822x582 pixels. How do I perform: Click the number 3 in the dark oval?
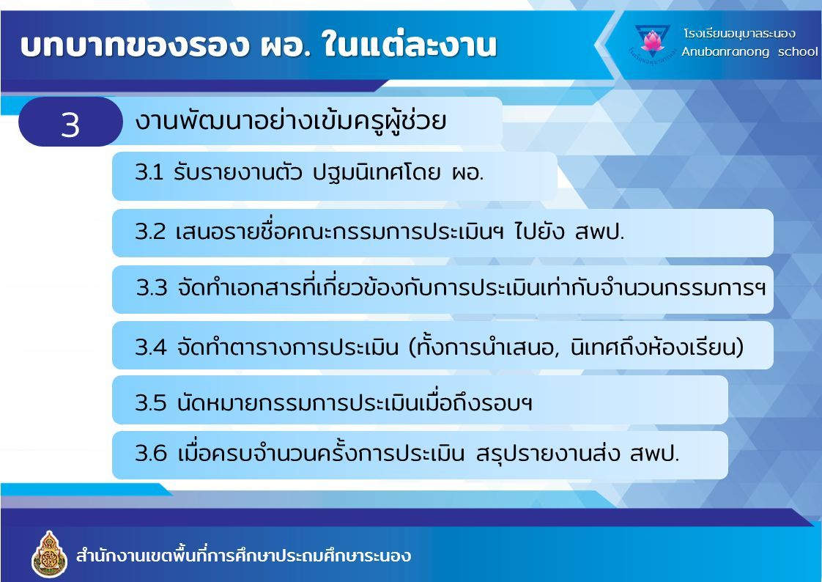[x=70, y=125]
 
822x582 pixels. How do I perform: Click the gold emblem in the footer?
[x=49, y=554]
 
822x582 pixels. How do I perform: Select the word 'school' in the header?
[x=797, y=51]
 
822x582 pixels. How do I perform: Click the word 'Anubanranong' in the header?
[x=725, y=52]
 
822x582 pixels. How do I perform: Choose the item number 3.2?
[x=150, y=231]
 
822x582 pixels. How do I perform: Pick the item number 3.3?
[x=152, y=288]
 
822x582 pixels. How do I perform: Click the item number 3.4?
[x=150, y=347]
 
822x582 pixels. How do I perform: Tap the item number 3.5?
[x=150, y=402]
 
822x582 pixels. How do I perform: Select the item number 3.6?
[x=150, y=453]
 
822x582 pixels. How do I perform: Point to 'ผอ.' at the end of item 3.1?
[x=467, y=172]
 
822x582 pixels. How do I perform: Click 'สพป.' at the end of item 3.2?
[x=600, y=231]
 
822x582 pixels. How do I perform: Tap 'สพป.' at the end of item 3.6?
[x=654, y=453]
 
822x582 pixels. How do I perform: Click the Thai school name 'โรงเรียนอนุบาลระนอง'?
[x=739, y=34]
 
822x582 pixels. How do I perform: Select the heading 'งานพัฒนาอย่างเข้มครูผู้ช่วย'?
[x=290, y=121]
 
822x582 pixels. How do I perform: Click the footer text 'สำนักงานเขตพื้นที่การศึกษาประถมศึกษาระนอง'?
[x=243, y=555]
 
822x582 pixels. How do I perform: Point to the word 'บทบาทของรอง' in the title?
[x=134, y=45]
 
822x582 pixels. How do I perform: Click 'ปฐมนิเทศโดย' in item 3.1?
[x=377, y=172]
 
